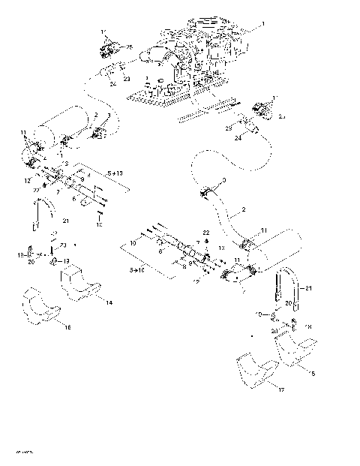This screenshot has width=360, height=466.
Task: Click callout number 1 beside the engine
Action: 262,25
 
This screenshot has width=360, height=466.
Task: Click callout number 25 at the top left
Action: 129,48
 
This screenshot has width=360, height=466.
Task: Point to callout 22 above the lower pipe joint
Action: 206,234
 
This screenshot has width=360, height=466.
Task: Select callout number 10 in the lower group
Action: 133,244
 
